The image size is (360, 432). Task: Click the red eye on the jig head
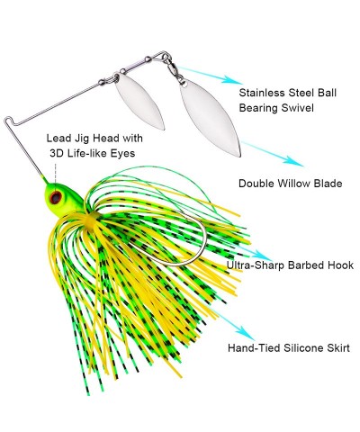click(56, 197)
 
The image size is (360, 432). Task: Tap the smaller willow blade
click(139, 102)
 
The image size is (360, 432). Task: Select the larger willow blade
click(211, 118)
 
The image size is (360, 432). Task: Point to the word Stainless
click(262, 93)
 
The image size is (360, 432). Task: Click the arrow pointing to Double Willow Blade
click(272, 154)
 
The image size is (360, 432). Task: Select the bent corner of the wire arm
click(8, 121)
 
